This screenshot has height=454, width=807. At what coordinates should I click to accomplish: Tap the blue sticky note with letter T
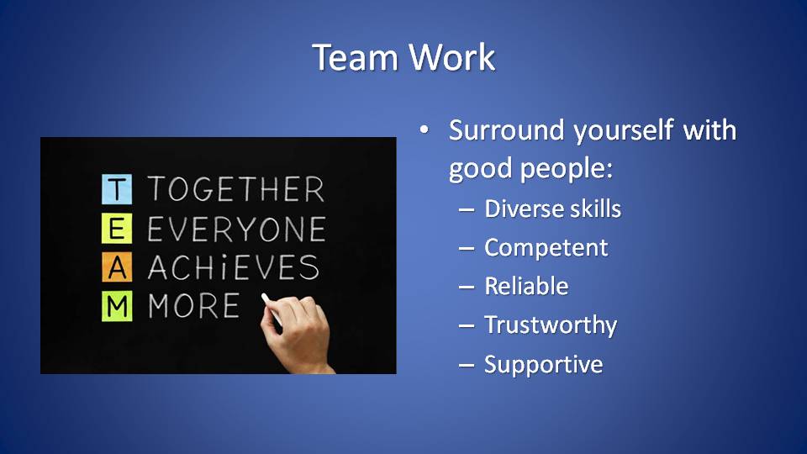click(117, 189)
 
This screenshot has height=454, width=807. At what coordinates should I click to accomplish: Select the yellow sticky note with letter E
click(117, 228)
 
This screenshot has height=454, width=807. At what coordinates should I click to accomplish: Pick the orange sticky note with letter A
click(117, 267)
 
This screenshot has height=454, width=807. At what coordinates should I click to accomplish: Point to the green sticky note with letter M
click(117, 306)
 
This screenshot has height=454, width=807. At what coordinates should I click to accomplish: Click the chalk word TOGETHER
click(236, 189)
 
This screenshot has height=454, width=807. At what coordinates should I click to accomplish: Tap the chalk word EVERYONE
click(237, 229)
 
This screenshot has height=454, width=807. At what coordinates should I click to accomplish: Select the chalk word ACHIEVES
click(234, 267)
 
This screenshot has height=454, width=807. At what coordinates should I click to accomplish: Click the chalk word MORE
click(194, 306)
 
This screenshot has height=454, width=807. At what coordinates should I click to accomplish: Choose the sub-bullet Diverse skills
click(553, 209)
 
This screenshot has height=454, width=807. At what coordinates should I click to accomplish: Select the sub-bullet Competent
click(546, 248)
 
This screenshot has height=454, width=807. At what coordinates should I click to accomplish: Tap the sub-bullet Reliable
click(526, 286)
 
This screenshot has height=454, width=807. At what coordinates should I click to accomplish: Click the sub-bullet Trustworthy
click(551, 325)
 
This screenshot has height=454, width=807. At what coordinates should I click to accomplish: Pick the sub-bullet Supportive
click(544, 365)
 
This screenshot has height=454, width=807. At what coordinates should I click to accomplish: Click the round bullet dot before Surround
click(424, 129)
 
